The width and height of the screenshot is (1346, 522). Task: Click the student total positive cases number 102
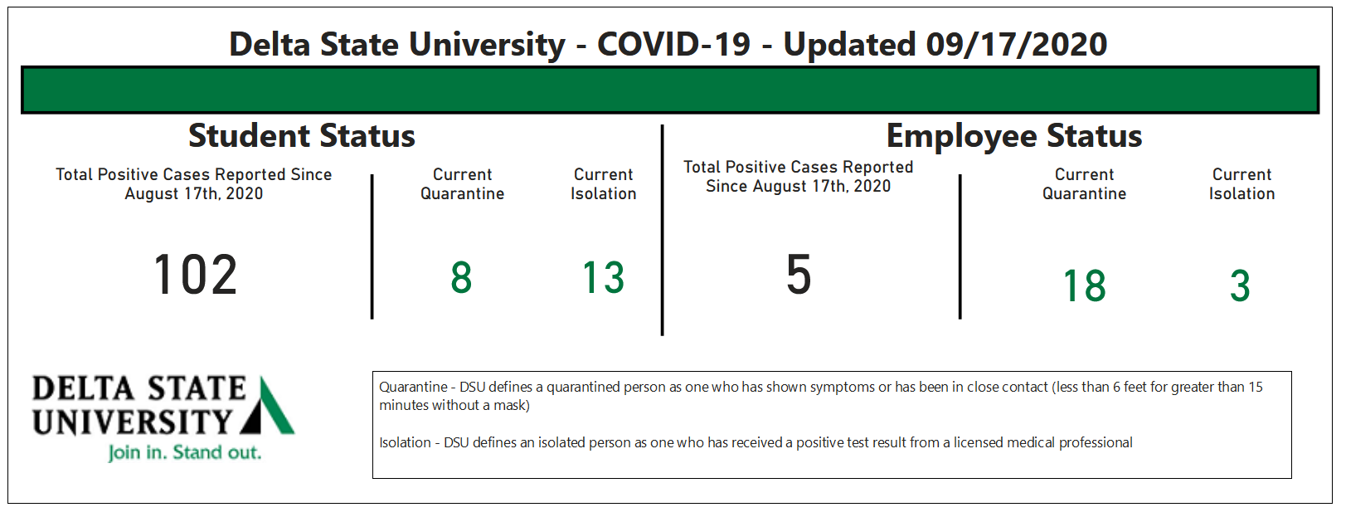click(195, 274)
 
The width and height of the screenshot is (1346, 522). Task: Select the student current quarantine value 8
click(461, 277)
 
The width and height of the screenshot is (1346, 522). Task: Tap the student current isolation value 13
click(603, 277)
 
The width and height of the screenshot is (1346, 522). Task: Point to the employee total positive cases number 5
click(799, 274)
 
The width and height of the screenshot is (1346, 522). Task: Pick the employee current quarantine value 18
click(1084, 285)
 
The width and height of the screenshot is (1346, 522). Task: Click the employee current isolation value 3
click(1240, 285)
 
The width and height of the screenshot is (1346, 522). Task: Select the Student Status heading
click(302, 135)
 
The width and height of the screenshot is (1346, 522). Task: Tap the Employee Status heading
click(1013, 136)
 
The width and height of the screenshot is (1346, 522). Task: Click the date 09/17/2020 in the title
click(1016, 45)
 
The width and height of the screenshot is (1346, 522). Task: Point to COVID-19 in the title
click(673, 45)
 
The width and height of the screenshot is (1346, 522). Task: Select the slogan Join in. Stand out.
click(184, 452)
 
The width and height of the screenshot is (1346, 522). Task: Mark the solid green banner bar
click(670, 90)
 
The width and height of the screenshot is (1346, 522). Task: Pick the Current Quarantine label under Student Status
click(462, 184)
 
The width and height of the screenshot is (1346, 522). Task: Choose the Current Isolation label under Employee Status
click(1242, 184)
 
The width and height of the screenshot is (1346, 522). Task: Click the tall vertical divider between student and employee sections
click(662, 230)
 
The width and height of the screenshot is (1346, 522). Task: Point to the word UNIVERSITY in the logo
click(132, 422)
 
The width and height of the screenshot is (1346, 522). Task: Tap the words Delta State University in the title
click(397, 45)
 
